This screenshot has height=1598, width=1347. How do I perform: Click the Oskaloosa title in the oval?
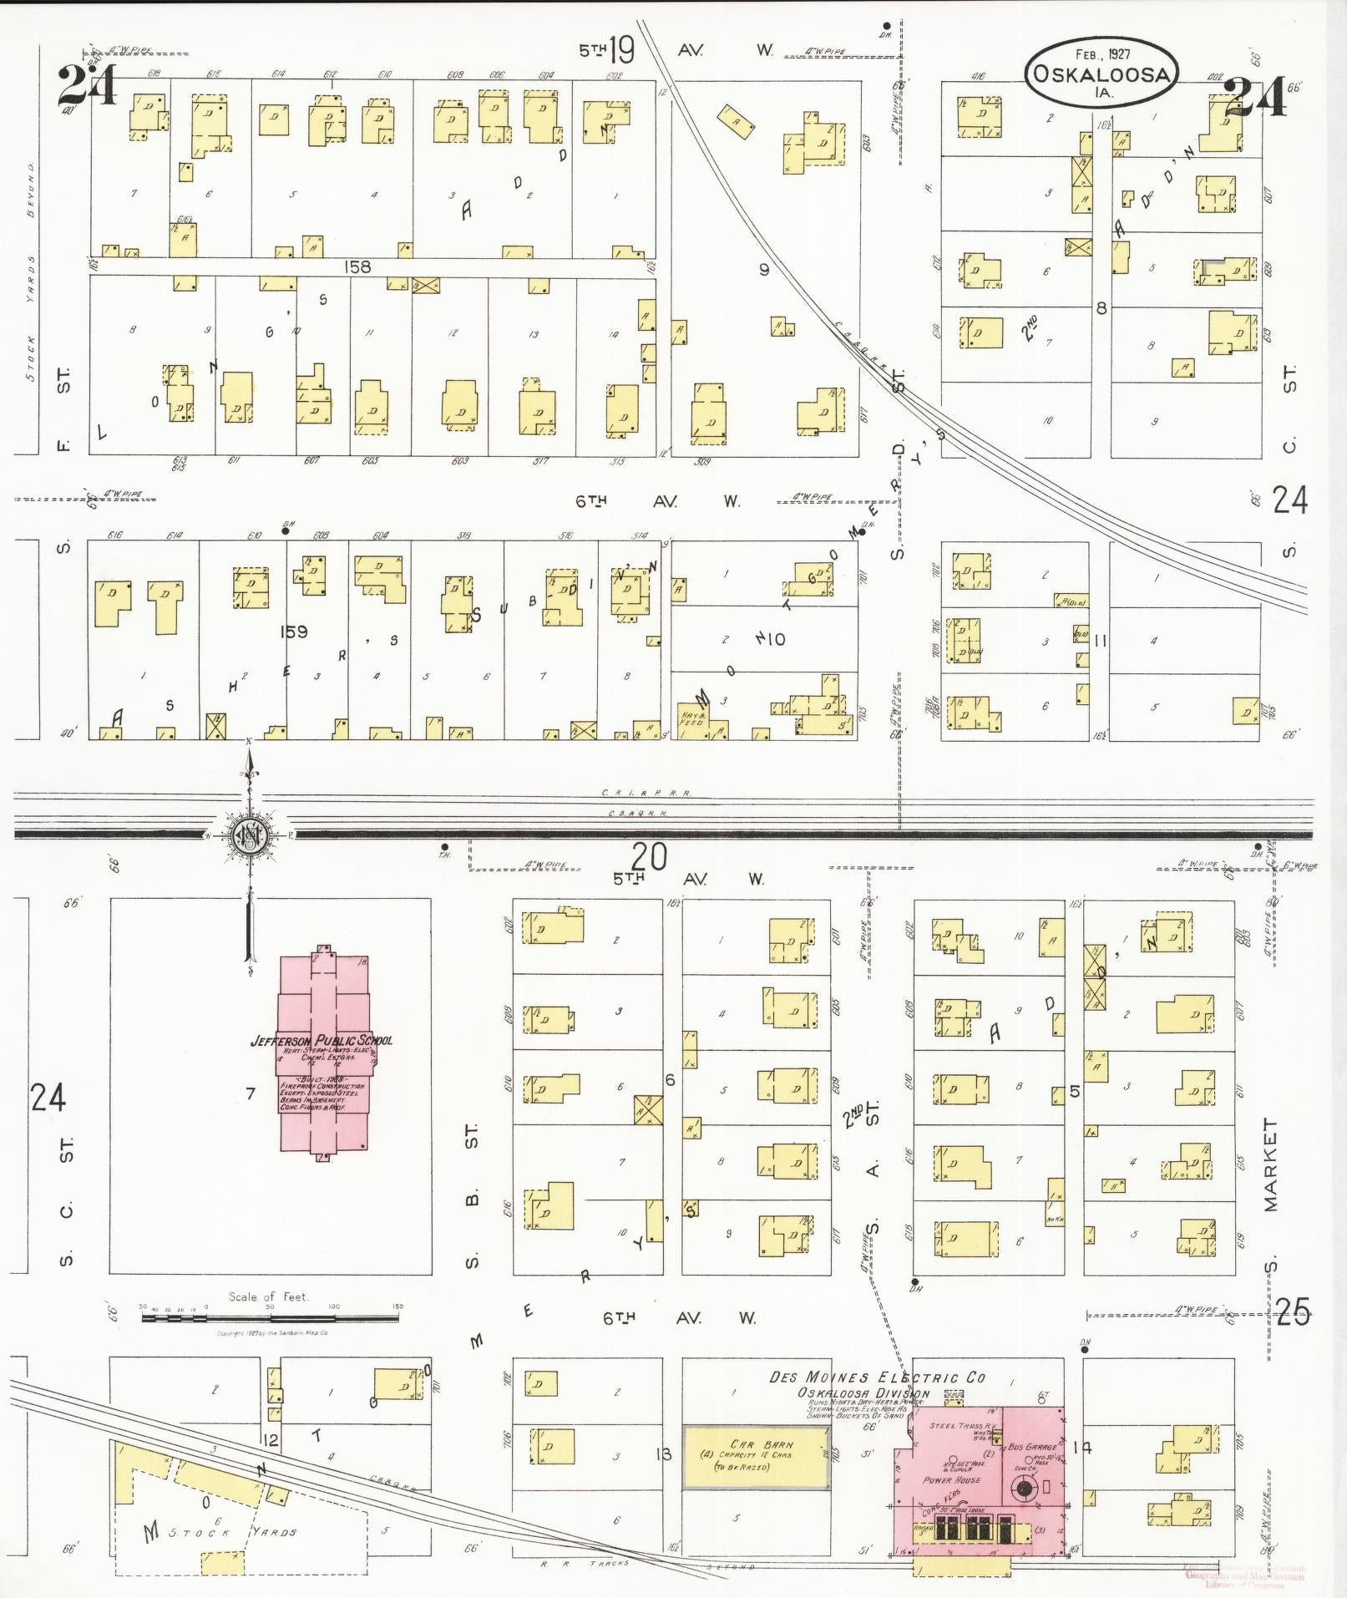[1101, 73]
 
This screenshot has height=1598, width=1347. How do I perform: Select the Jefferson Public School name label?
[322, 1041]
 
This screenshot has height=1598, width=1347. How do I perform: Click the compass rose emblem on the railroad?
[249, 834]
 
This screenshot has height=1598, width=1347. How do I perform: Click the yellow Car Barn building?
[757, 1457]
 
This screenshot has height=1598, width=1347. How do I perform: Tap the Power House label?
[949, 1479]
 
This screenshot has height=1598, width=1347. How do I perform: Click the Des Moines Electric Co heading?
[877, 1377]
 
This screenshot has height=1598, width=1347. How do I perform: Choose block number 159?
[294, 632]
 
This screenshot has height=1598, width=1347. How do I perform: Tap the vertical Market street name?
[1270, 1165]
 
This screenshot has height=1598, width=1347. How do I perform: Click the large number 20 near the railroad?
[649, 856]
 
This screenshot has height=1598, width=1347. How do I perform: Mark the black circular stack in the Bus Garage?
[1024, 1487]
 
